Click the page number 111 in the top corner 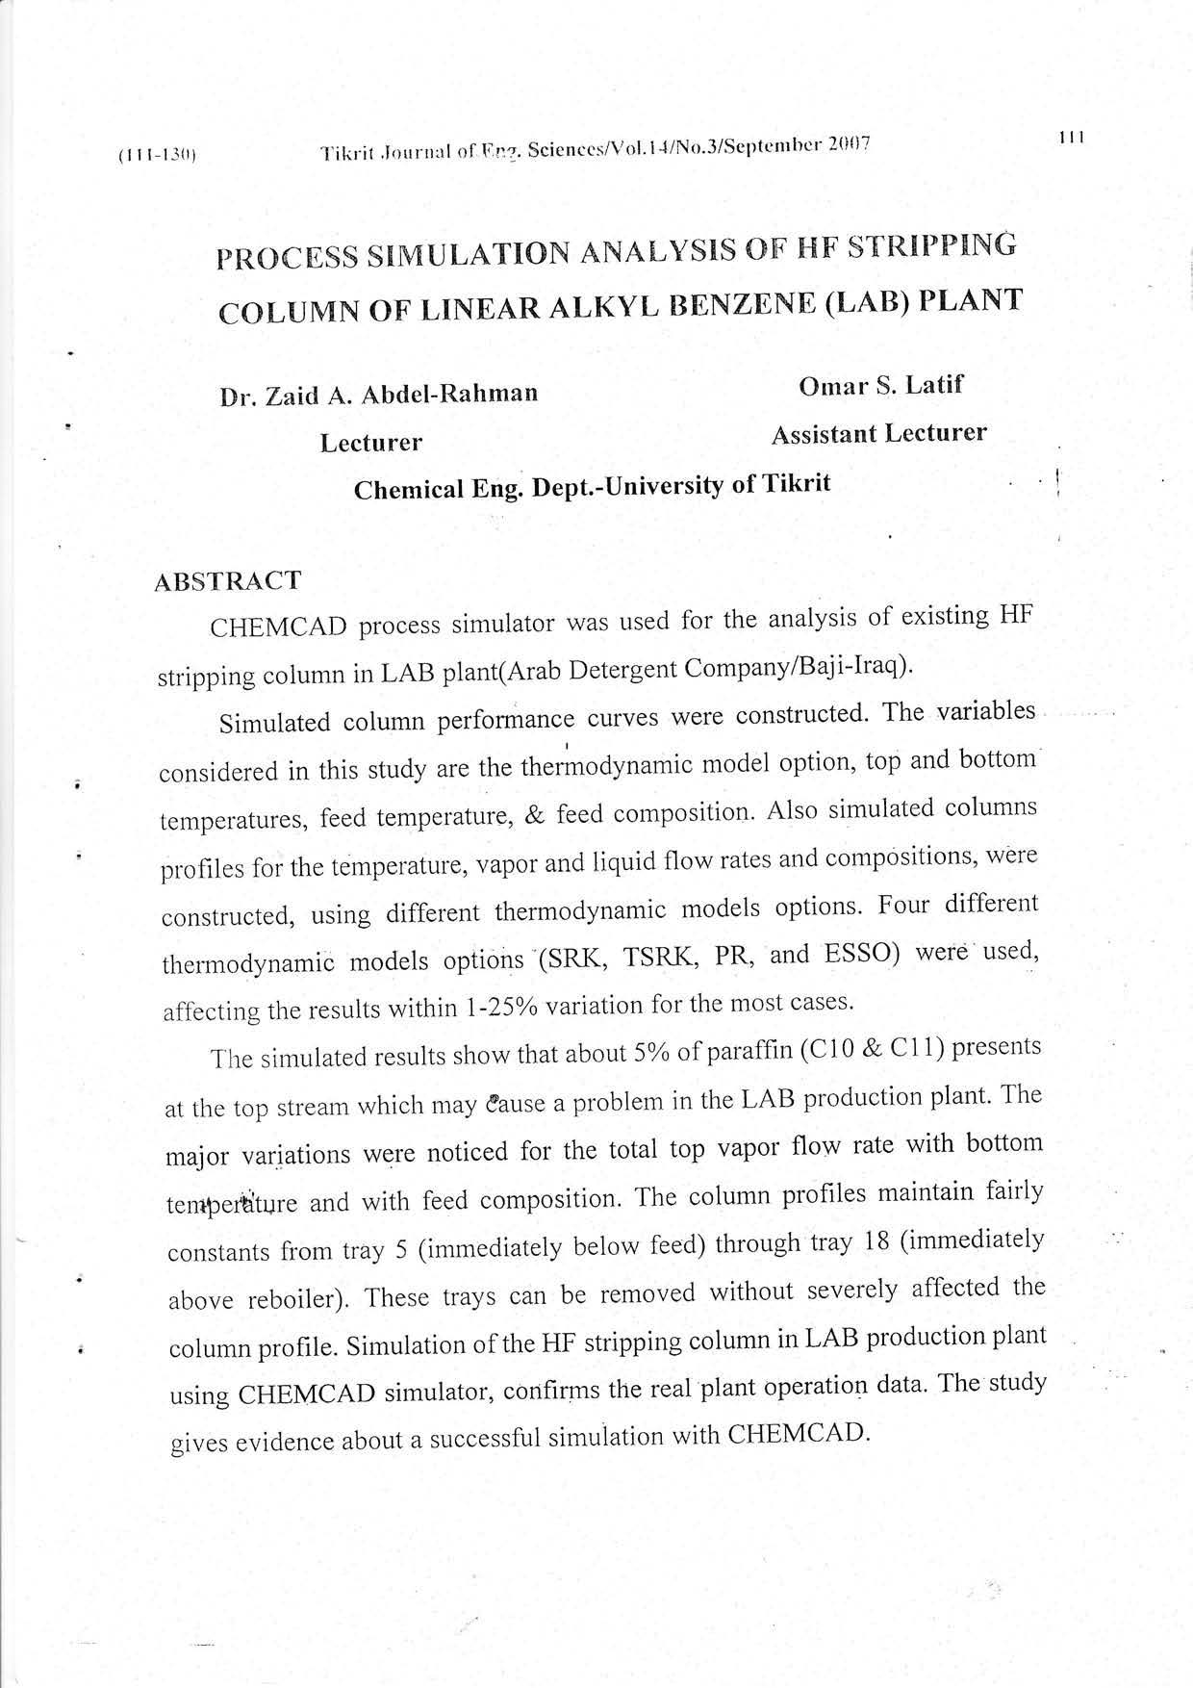pyautogui.click(x=1071, y=138)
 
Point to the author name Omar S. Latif pyautogui.click(x=880, y=387)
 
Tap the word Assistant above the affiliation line pyautogui.click(x=824, y=435)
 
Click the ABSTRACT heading pyautogui.click(x=228, y=581)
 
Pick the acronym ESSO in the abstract pyautogui.click(x=860, y=955)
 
